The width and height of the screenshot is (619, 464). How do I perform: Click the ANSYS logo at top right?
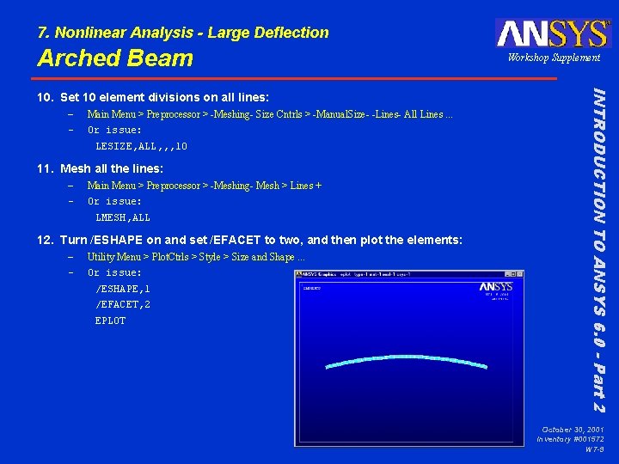point(552,33)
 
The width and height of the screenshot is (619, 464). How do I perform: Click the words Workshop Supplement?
point(554,58)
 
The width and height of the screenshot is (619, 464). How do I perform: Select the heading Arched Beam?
point(115,58)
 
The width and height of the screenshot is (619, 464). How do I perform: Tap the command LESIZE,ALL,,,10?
point(141,146)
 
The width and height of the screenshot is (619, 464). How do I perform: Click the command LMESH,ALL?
point(123,217)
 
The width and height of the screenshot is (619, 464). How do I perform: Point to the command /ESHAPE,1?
point(123,289)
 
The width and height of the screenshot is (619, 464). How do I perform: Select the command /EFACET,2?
point(123,304)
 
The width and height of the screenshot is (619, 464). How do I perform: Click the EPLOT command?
point(110,321)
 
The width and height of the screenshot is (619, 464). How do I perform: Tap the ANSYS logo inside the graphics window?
point(496,287)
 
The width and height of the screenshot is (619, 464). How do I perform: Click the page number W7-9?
point(594,449)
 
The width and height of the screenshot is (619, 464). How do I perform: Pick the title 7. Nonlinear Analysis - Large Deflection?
point(183,33)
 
